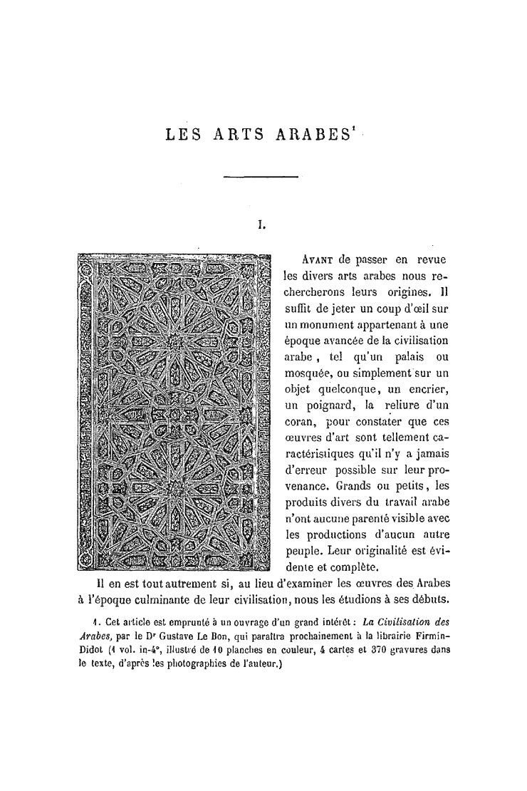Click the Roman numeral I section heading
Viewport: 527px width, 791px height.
click(261, 225)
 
